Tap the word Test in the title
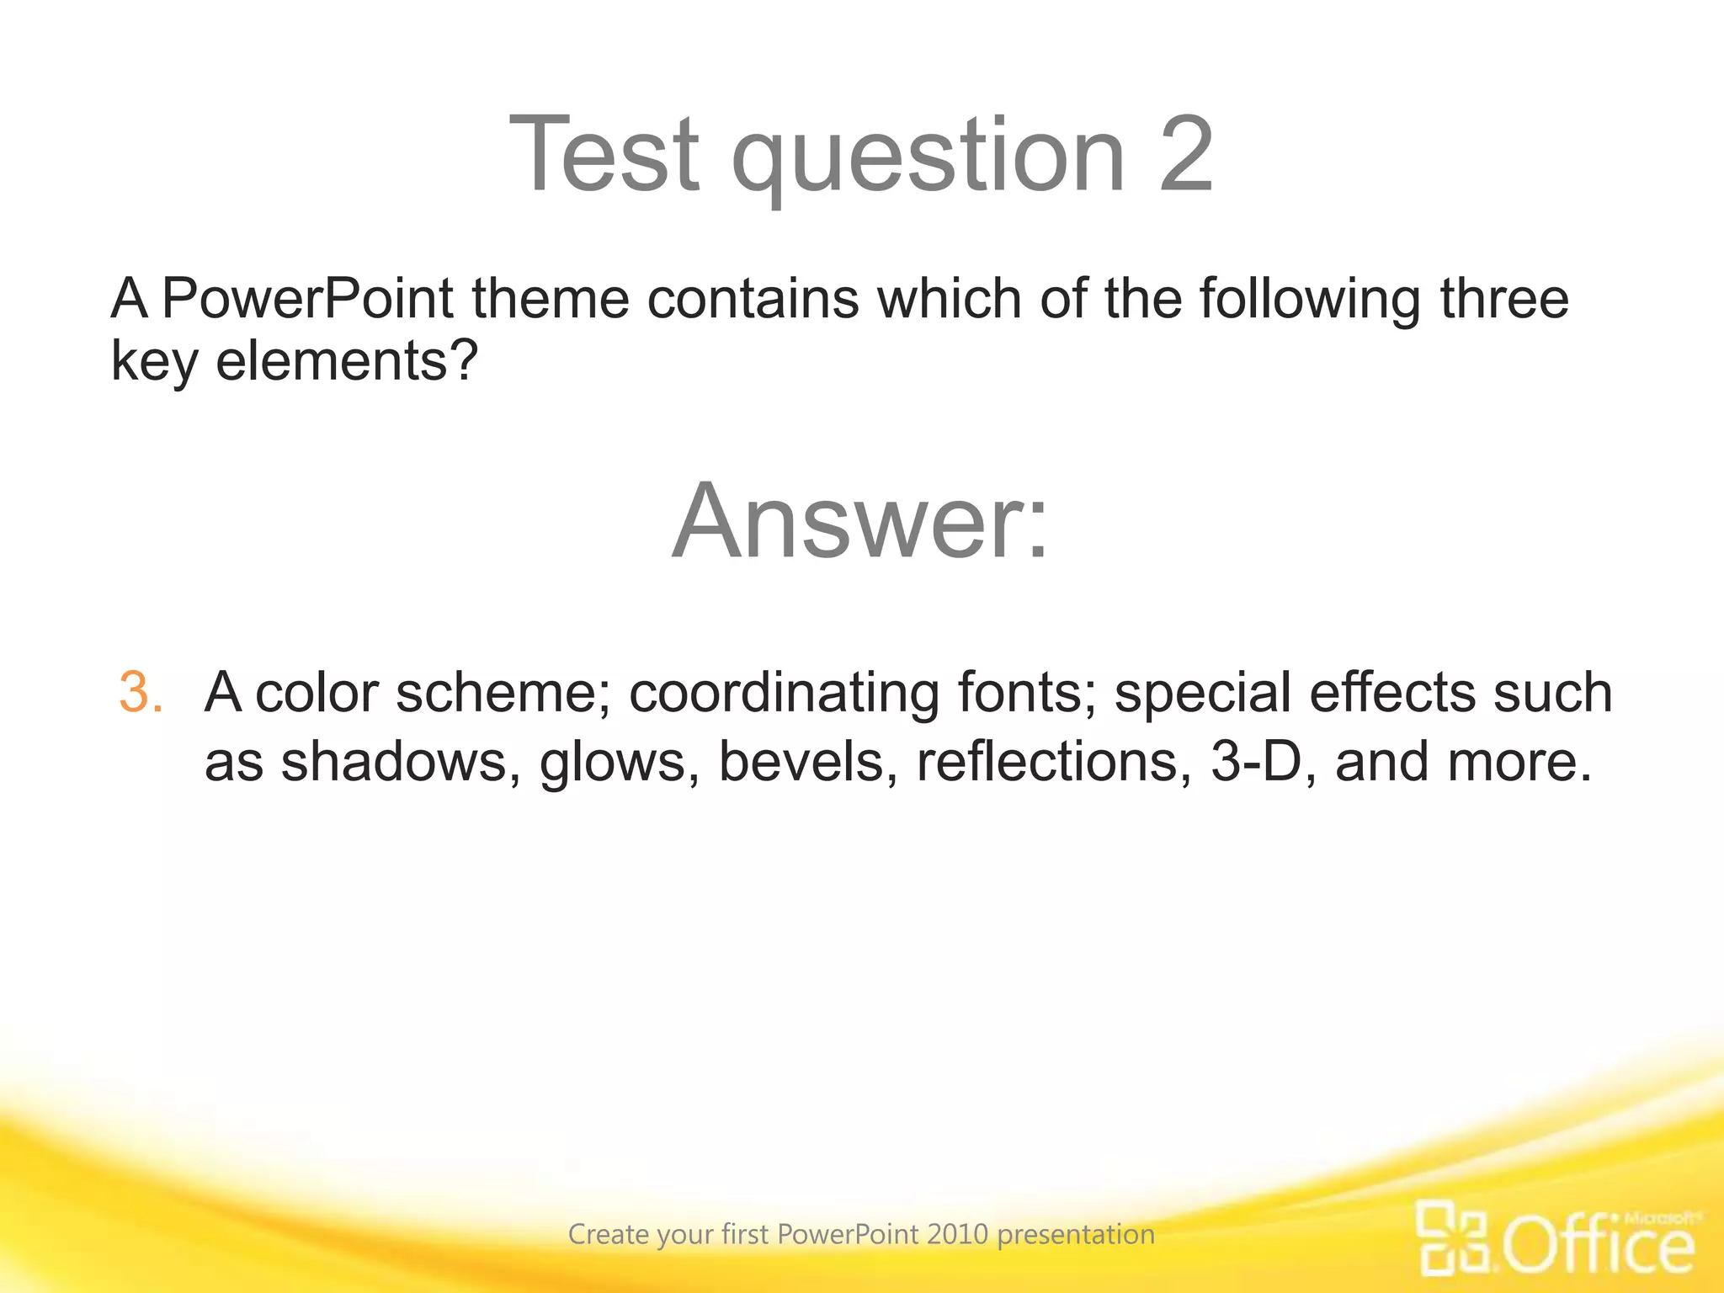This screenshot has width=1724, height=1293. [x=604, y=155]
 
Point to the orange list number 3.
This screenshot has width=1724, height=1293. [x=140, y=693]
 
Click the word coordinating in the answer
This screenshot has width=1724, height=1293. [x=784, y=695]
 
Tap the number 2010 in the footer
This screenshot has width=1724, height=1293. [x=957, y=1234]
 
